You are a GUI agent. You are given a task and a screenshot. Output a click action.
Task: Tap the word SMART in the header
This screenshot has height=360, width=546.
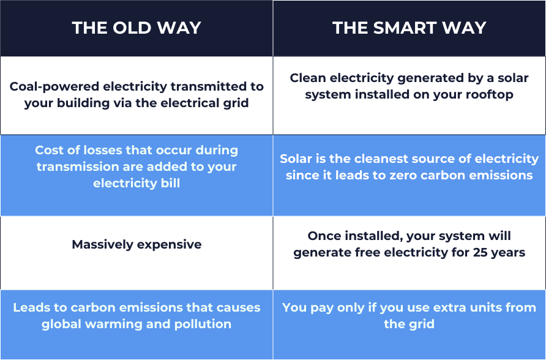pos(403,28)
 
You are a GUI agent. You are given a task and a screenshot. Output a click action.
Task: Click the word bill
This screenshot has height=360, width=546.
pos(170,183)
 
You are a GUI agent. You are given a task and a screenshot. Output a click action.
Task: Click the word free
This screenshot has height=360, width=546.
pos(368,252)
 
